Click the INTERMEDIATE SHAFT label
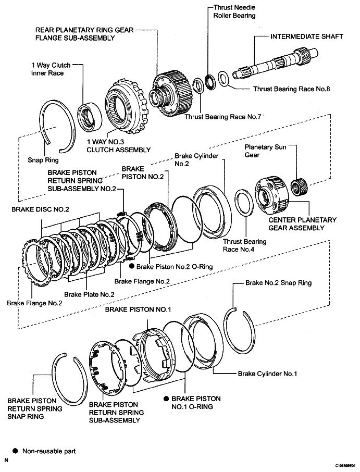(306, 37)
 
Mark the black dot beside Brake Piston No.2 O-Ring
(132, 266)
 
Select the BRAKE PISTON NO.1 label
(138, 309)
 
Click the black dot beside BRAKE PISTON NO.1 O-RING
(166, 399)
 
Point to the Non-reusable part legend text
(48, 451)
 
